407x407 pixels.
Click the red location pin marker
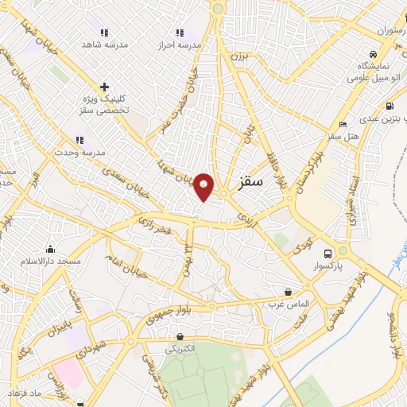pyautogui.click(x=204, y=187)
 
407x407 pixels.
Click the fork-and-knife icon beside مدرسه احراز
pyautogui.click(x=180, y=33)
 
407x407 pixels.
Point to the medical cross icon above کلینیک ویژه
pyautogui.click(x=103, y=87)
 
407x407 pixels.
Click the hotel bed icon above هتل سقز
pyautogui.click(x=343, y=124)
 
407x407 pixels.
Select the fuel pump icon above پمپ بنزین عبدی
pyautogui.click(x=389, y=107)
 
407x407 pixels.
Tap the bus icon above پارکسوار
pyautogui.click(x=342, y=250)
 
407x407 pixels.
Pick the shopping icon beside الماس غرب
pyautogui.click(x=288, y=292)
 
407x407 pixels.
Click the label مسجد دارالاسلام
pyautogui.click(x=52, y=261)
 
